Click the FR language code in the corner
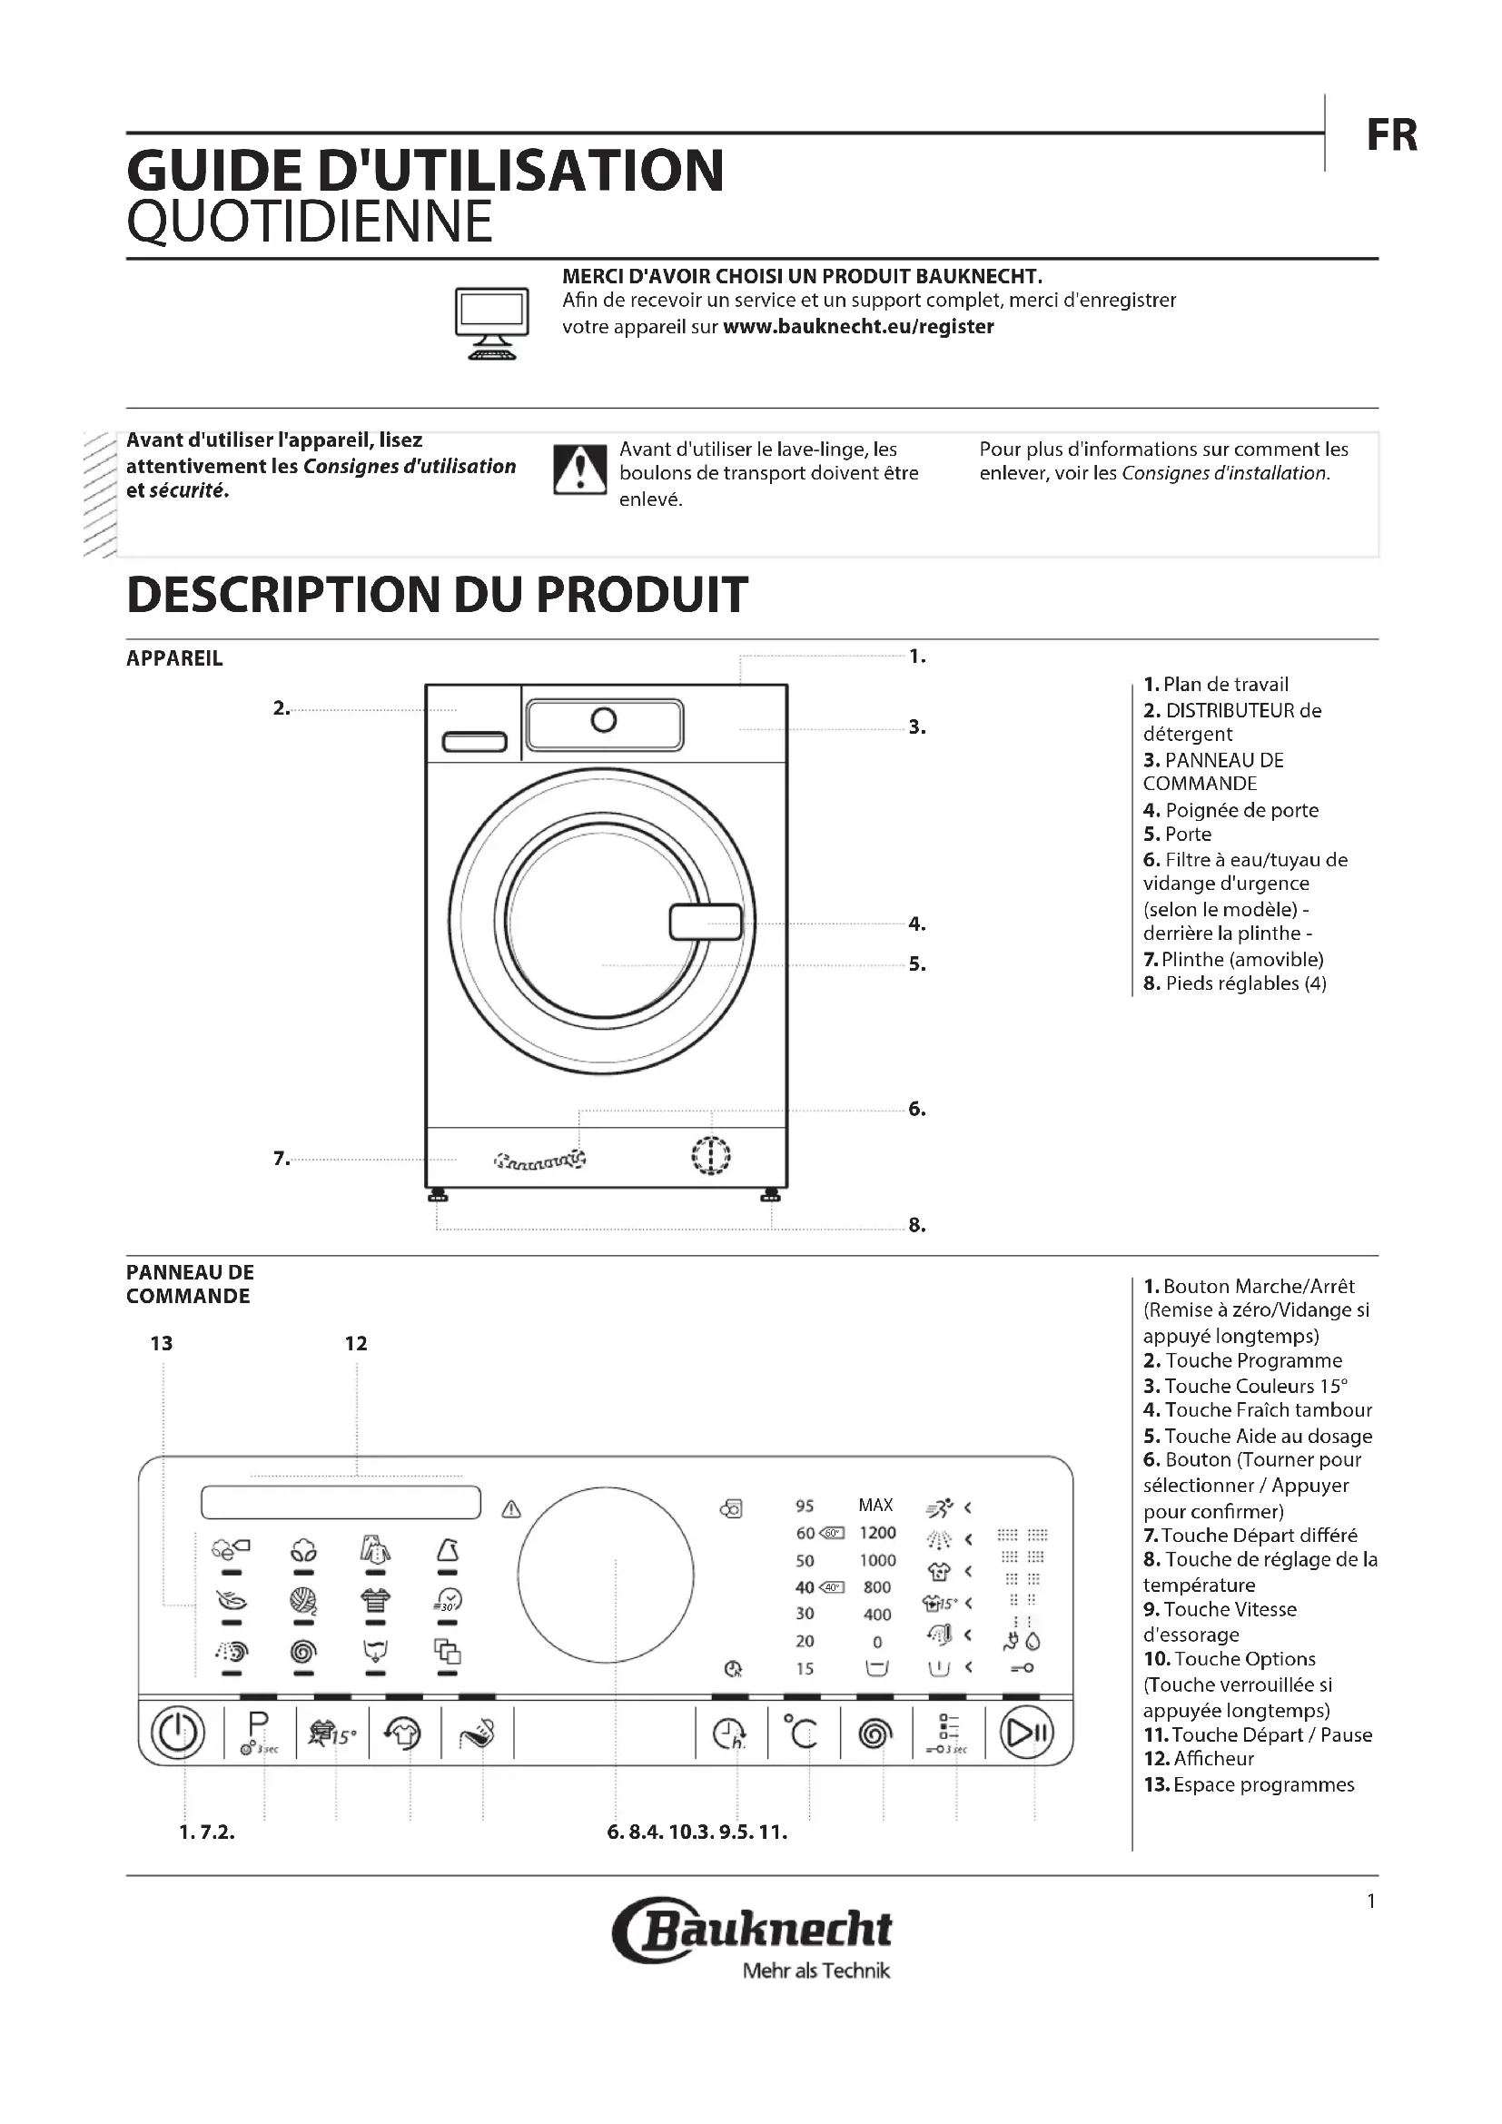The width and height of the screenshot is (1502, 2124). (x=1391, y=135)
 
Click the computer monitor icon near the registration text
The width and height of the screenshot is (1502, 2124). (x=491, y=322)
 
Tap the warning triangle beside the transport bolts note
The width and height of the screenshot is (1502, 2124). (x=579, y=470)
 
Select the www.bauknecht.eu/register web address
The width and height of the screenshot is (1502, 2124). (x=857, y=327)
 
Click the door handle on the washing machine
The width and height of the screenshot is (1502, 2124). (x=705, y=922)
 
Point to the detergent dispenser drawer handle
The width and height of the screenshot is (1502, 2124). (x=474, y=742)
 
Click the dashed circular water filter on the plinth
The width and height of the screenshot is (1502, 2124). (x=710, y=1155)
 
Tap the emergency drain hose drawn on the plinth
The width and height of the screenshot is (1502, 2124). (x=540, y=1159)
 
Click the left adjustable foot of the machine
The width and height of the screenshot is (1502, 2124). (x=438, y=1198)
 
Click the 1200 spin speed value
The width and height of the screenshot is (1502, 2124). (x=877, y=1533)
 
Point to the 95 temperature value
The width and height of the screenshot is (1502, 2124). (x=805, y=1506)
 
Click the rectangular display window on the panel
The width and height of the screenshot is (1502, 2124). (x=341, y=1502)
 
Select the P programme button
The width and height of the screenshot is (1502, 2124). (x=258, y=1732)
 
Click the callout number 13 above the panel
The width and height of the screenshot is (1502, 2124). (x=161, y=1343)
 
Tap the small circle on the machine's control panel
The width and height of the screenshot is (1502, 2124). (x=603, y=720)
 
